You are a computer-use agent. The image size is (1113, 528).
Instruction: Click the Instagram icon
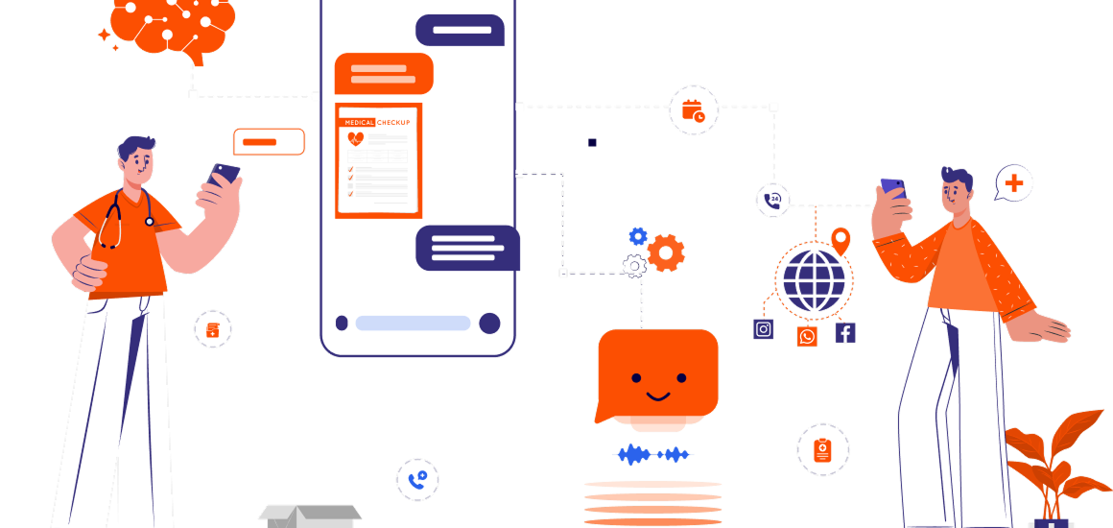tap(764, 329)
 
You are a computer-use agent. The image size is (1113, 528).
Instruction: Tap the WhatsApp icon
tap(807, 336)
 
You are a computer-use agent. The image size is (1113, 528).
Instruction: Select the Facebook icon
tap(845, 333)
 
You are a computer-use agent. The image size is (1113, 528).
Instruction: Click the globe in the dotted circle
tap(815, 279)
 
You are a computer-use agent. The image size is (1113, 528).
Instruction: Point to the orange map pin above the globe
tap(841, 240)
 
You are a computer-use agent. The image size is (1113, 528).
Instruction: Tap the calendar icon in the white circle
tap(693, 110)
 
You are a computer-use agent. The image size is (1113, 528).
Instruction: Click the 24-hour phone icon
tap(772, 200)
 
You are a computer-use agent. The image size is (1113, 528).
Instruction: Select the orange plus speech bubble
tap(1013, 182)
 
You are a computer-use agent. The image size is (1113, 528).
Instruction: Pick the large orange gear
tap(666, 252)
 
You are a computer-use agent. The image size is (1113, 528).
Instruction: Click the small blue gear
tap(638, 235)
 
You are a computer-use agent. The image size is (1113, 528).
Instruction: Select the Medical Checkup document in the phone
tap(378, 160)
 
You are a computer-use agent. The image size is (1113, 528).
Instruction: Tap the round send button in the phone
tap(489, 324)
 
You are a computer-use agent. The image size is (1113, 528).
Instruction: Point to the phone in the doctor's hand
tap(224, 175)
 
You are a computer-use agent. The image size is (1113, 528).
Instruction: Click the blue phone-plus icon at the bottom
tap(417, 479)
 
